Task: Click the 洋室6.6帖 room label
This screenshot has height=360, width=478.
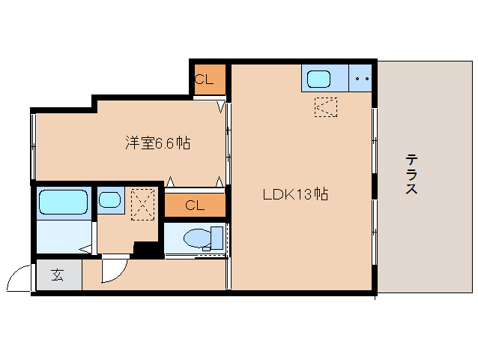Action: (158, 142)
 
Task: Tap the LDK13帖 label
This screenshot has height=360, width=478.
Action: (295, 194)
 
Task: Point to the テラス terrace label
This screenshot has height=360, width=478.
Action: (411, 174)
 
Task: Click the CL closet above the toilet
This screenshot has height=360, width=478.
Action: (195, 205)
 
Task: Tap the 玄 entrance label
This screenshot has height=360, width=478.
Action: (57, 275)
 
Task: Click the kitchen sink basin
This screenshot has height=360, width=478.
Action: (318, 79)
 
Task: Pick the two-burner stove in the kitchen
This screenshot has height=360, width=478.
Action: (360, 78)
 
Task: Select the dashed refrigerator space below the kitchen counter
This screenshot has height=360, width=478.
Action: (326, 107)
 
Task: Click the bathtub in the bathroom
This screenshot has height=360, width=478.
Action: (64, 202)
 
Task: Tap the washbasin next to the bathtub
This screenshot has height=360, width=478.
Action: (109, 199)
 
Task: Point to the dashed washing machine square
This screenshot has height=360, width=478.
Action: (142, 205)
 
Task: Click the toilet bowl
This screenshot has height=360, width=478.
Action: (198, 238)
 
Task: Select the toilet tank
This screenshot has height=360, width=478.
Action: (217, 238)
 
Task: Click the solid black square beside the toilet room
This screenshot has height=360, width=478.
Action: (147, 250)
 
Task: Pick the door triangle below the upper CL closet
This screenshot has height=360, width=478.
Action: (221, 106)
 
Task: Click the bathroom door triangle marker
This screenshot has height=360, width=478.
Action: (85, 249)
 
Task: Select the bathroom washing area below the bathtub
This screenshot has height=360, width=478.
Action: (64, 236)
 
